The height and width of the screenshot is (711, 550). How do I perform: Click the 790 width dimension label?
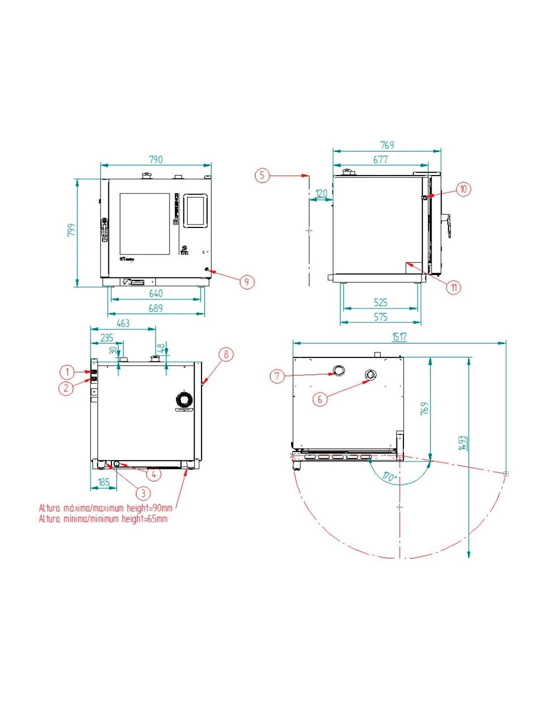point(155,159)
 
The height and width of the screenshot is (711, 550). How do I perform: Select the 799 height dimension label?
point(72,230)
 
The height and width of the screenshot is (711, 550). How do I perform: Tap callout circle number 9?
point(246,282)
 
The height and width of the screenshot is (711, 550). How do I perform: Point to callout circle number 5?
point(262,175)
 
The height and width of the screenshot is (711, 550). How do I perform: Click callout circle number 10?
point(463,189)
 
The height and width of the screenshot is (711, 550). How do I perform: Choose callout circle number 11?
point(453,287)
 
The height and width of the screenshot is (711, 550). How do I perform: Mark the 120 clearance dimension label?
point(321,193)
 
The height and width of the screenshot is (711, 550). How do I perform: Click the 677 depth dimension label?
point(380,159)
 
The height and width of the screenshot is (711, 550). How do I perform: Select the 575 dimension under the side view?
point(380,317)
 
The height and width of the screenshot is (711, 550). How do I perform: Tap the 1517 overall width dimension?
point(399,336)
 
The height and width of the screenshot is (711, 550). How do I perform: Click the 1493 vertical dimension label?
point(462,443)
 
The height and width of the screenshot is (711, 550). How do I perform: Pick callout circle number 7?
point(277,375)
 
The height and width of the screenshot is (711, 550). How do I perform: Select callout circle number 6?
point(320,398)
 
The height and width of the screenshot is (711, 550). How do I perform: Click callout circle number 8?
point(226,354)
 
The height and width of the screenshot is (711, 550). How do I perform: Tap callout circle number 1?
point(67,372)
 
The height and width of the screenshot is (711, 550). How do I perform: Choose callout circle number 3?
point(143,493)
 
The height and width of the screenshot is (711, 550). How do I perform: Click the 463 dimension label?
point(123,323)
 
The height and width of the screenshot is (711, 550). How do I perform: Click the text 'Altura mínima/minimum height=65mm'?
point(103,519)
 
